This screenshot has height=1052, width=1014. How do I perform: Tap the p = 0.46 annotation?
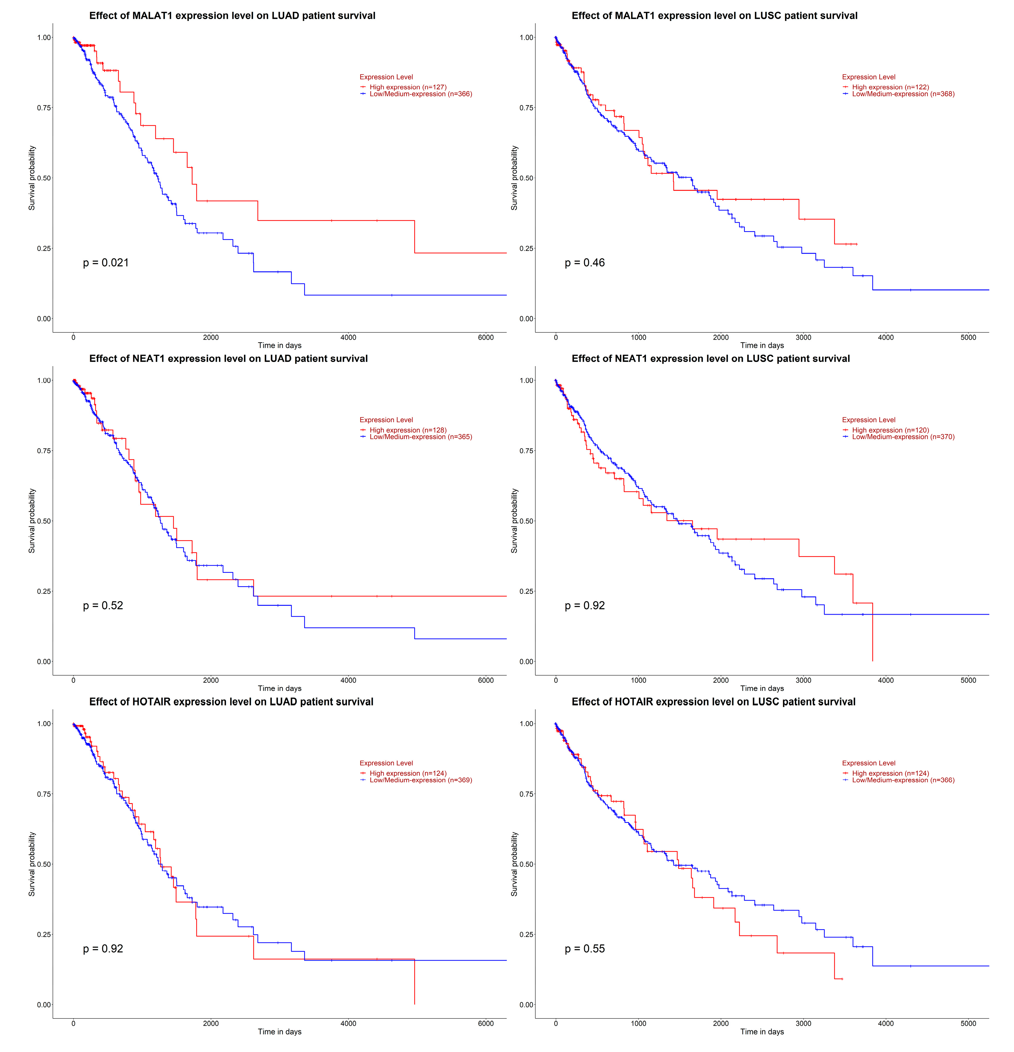coord(585,262)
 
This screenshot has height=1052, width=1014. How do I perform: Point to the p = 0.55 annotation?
coord(585,948)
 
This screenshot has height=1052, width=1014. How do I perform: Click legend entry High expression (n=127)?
coord(407,87)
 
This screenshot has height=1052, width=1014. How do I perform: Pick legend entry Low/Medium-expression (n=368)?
coord(903,94)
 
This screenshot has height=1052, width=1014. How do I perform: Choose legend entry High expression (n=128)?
coord(407,430)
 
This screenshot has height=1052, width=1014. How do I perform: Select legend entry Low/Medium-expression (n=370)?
coord(903,437)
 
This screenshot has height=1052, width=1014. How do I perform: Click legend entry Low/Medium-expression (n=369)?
coord(420,780)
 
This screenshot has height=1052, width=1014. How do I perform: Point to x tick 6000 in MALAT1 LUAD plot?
coord(485,337)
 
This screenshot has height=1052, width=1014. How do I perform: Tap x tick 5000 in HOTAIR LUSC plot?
coord(968,1023)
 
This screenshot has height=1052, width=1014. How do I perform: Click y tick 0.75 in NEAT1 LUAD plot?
coord(44,451)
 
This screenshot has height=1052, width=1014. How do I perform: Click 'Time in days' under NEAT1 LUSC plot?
coord(762,688)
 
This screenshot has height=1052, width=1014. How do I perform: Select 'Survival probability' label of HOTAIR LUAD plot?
coord(32,864)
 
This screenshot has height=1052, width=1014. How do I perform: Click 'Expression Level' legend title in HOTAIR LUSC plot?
coord(869,763)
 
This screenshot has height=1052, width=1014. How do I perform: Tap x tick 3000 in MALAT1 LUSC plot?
coord(803,337)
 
